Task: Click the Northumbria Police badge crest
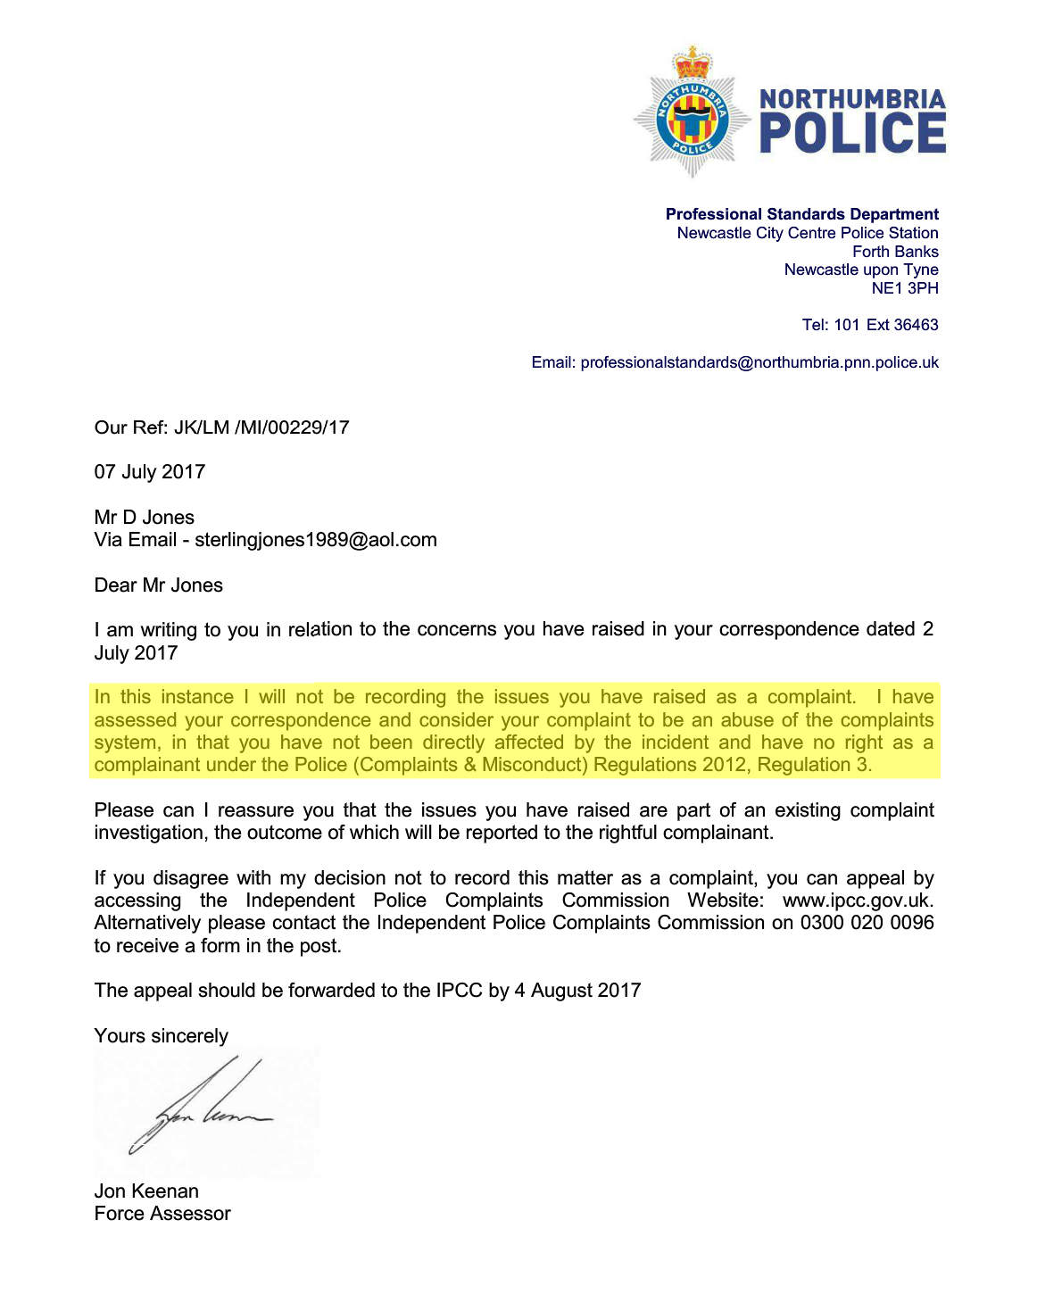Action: (693, 113)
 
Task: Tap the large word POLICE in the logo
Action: (851, 134)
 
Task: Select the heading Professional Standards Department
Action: (801, 214)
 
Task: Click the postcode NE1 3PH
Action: (904, 288)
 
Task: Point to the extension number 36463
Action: (916, 325)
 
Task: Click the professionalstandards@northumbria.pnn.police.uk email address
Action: (759, 362)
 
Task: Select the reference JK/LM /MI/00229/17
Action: (261, 427)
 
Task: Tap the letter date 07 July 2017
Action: (150, 472)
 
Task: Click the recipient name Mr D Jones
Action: (145, 518)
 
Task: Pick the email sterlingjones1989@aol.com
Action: (316, 540)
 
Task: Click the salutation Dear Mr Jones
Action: (159, 585)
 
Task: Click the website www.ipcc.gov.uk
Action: (857, 900)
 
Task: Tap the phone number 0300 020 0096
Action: (867, 923)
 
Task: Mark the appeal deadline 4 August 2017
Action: (577, 991)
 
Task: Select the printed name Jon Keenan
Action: (146, 1191)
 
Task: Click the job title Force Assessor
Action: (162, 1214)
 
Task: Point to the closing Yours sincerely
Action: (162, 1036)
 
